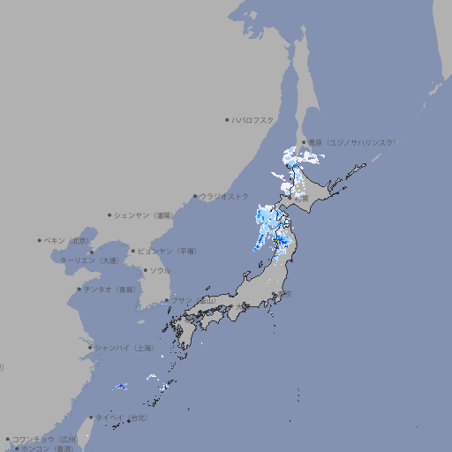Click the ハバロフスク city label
tap(253, 119)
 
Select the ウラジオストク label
tap(224, 196)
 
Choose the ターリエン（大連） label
tap(88, 260)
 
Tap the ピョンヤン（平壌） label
tap(167, 251)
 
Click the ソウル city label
tap(160, 270)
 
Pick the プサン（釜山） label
tap(192, 301)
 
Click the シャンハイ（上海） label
tap(124, 348)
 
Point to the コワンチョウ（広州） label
tap(45, 439)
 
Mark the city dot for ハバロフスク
tap(227, 119)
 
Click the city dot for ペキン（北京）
tap(40, 240)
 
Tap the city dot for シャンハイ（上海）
tap(90, 348)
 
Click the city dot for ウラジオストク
tap(195, 196)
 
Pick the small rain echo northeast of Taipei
tap(121, 386)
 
